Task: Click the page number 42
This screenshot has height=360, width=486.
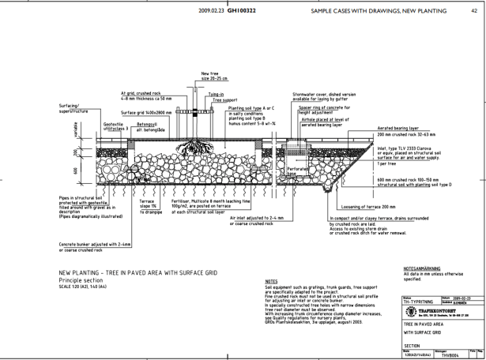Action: point(473,11)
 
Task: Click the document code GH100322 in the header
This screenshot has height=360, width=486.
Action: point(243,11)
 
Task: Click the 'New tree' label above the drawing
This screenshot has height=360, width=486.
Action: point(210,73)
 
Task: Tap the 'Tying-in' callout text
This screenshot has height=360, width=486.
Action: point(216,93)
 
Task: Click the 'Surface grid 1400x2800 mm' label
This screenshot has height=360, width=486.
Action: point(145,113)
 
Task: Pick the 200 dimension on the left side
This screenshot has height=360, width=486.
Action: point(76,152)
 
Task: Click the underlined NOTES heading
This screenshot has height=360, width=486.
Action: point(271,280)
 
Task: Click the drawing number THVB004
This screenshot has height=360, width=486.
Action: point(450,356)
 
